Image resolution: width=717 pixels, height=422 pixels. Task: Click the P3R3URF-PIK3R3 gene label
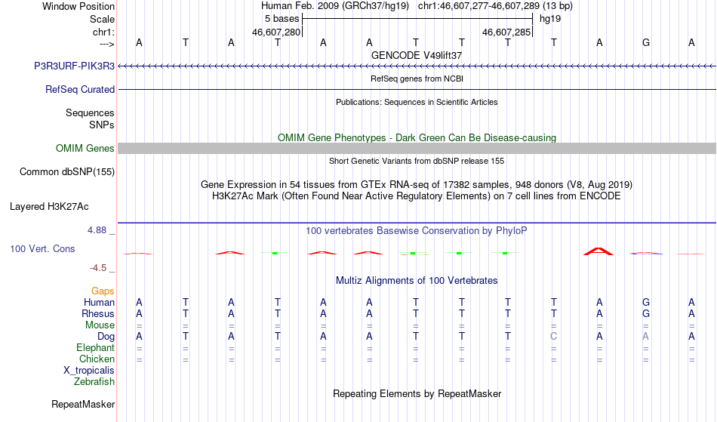tap(74, 66)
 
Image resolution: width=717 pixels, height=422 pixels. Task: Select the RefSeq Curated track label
tap(80, 90)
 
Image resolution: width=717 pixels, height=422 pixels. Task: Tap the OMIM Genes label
tap(85, 149)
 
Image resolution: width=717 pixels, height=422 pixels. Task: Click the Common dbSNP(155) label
tap(67, 172)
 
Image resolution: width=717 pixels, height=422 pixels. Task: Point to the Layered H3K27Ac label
tap(49, 207)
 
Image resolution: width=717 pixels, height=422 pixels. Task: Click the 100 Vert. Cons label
tap(42, 248)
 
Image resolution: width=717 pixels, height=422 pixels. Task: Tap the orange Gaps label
tap(103, 291)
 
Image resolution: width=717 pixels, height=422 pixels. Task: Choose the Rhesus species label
tap(98, 313)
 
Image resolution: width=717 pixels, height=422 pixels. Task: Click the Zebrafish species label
tap(94, 382)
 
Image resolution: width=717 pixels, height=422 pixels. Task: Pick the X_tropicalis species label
tap(89, 371)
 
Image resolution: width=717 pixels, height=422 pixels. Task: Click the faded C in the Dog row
tap(554, 337)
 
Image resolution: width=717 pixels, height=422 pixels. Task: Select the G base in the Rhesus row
tap(645, 313)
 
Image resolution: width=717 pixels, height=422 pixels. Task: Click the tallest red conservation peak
tap(599, 251)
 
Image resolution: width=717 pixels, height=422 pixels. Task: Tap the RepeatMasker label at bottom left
tap(83, 404)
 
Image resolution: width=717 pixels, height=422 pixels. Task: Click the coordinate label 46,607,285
tap(506, 32)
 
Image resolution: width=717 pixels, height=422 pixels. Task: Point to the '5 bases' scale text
tap(282, 19)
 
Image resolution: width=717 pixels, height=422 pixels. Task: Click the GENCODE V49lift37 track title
tap(417, 55)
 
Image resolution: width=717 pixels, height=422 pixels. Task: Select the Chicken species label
tap(97, 359)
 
